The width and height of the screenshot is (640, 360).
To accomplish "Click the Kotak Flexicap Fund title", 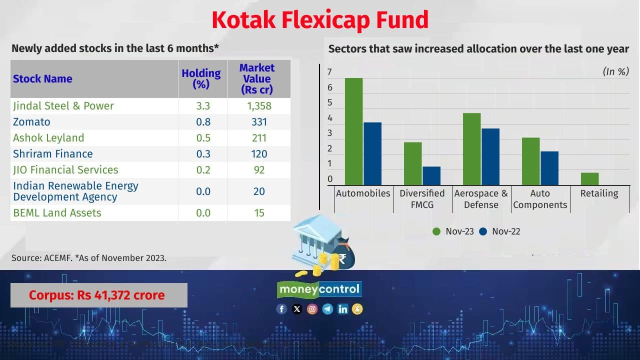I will click(320, 20).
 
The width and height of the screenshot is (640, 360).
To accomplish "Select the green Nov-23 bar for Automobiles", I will click(354, 131).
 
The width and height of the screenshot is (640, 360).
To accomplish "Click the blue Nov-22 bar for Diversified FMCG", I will click(431, 175).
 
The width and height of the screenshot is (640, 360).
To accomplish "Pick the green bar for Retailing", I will click(589, 178).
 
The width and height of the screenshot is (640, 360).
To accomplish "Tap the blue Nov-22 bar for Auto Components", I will click(549, 168).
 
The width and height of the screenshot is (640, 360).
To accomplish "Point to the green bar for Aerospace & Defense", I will click(472, 149).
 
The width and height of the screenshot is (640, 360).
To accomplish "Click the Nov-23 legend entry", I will click(453, 231).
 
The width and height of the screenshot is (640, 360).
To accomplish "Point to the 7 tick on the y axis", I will click(330, 72).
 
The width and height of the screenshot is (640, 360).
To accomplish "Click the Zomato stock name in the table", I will click(31, 122).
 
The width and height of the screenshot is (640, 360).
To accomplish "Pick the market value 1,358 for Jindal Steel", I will click(259, 106).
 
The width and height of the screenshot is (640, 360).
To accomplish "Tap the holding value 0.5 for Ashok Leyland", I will click(203, 138).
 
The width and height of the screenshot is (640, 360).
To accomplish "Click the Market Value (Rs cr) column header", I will click(257, 79).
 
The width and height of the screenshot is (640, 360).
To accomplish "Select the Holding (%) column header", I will click(201, 78).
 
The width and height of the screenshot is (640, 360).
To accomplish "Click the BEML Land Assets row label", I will click(57, 213).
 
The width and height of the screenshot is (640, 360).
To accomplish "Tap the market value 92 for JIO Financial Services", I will click(259, 170).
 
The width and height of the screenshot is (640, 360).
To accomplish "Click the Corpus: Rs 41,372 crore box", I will click(99, 295).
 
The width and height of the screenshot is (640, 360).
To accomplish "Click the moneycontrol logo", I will click(319, 289).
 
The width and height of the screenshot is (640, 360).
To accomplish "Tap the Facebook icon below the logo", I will click(281, 309).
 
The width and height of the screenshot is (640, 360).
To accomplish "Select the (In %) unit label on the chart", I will click(615, 71).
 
